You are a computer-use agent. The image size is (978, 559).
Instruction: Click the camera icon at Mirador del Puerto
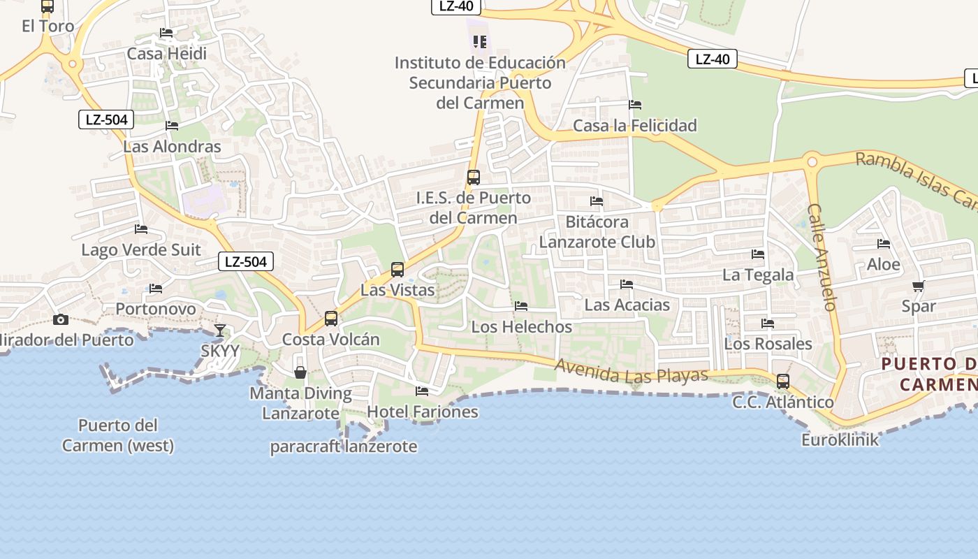pos(61,320)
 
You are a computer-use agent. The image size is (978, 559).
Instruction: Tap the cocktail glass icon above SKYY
pos(220,331)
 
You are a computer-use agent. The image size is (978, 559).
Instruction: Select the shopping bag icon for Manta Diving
pos(300,372)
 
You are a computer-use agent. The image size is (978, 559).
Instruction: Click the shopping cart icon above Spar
pos(919,286)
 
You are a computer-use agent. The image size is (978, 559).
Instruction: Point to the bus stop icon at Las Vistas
pos(397,269)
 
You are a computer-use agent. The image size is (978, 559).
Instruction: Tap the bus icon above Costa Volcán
pos(331,319)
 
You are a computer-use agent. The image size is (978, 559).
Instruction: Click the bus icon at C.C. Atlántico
pos(783,382)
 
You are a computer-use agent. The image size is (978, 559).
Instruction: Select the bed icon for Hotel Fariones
pos(422,391)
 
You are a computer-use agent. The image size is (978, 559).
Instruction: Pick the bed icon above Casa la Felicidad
pos(635,105)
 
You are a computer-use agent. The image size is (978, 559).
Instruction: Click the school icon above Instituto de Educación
pos(479,42)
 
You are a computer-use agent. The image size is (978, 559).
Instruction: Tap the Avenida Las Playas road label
pos(632,371)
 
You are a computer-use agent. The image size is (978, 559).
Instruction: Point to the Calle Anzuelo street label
pos(821,257)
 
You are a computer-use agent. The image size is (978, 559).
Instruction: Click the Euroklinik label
pos(840,440)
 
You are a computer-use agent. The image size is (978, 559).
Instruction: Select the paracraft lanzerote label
pos(344,447)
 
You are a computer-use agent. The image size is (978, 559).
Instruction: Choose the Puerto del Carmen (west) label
pos(118,435)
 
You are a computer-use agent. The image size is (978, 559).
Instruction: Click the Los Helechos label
pos(521,326)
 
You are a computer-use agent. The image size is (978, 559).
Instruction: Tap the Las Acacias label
pos(627,305)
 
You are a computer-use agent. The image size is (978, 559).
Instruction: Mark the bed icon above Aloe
pos(884,244)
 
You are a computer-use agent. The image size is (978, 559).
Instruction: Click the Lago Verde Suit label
pos(141,249)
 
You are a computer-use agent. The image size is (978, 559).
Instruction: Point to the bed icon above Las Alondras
pos(172,126)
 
